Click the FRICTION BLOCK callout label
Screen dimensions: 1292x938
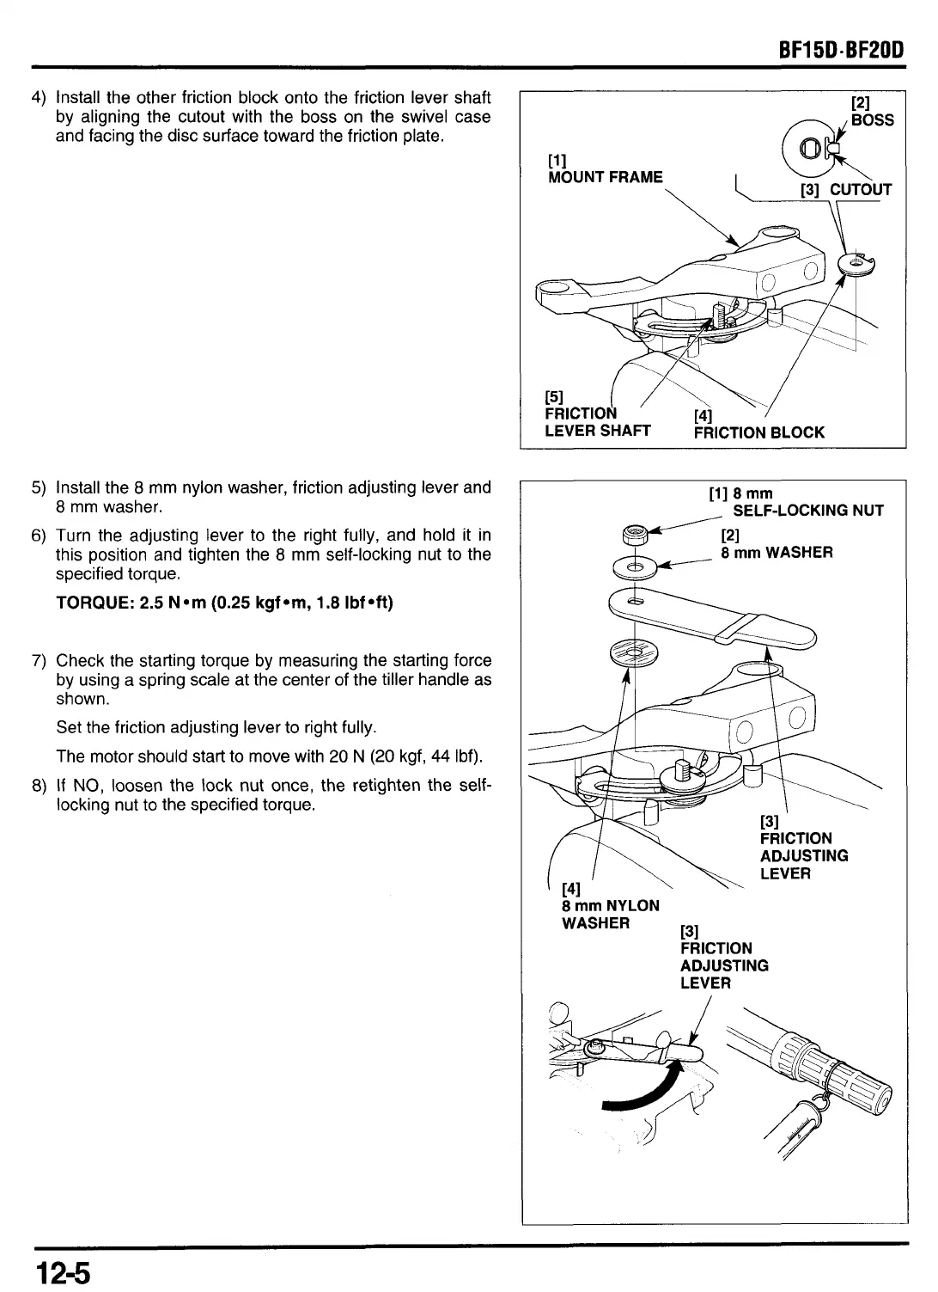758,432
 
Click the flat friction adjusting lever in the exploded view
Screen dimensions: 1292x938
713,617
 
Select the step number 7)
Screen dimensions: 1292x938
39,661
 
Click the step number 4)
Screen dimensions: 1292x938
39,97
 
